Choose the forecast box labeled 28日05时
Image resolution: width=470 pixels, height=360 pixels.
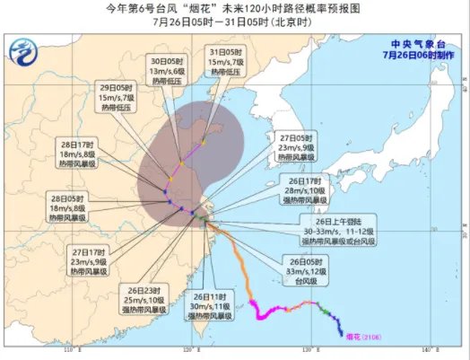click(x=67, y=208)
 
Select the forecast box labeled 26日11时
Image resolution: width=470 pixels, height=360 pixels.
click(x=211, y=306)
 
